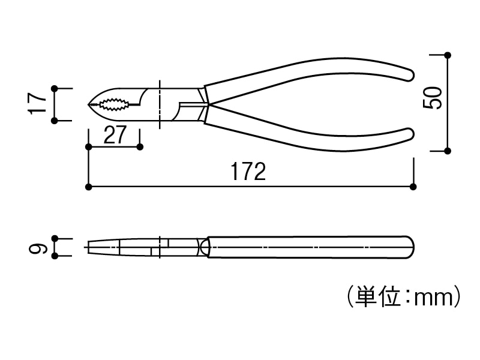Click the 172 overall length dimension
point(248,172)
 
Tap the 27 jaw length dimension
point(115,134)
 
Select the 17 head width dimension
point(38,103)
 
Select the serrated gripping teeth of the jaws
point(115,105)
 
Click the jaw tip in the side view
point(89,247)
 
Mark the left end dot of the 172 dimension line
point(89,187)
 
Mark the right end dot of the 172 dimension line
point(413,187)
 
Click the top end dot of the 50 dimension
point(448,55)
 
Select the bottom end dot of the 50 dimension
point(448,150)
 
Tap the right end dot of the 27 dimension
point(140,146)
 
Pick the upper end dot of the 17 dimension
point(55,88)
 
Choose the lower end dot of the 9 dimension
point(55,256)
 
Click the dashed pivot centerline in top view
point(160,104)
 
